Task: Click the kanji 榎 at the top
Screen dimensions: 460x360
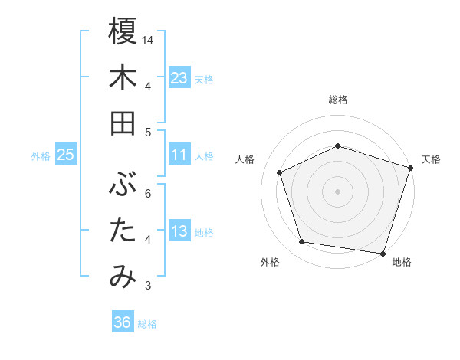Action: [123, 31]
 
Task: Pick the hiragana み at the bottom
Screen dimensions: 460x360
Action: [123, 277]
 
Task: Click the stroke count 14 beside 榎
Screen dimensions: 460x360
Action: [149, 39]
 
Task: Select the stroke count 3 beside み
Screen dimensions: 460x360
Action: [148, 286]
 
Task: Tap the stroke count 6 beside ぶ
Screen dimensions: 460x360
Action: [148, 193]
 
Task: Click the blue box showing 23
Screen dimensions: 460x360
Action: [179, 78]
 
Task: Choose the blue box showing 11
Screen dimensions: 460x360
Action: [179, 155]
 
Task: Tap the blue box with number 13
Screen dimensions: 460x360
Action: [179, 232]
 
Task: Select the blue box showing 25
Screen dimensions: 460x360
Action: [65, 155]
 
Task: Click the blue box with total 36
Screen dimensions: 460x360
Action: [122, 323]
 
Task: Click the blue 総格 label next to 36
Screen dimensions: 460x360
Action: [147, 324]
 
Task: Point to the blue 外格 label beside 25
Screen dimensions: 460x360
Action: [41, 156]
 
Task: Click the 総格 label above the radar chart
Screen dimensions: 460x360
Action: [338, 100]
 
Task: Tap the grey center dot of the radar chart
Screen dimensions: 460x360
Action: [338, 191]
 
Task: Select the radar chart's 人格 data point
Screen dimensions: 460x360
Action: [280, 172]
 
